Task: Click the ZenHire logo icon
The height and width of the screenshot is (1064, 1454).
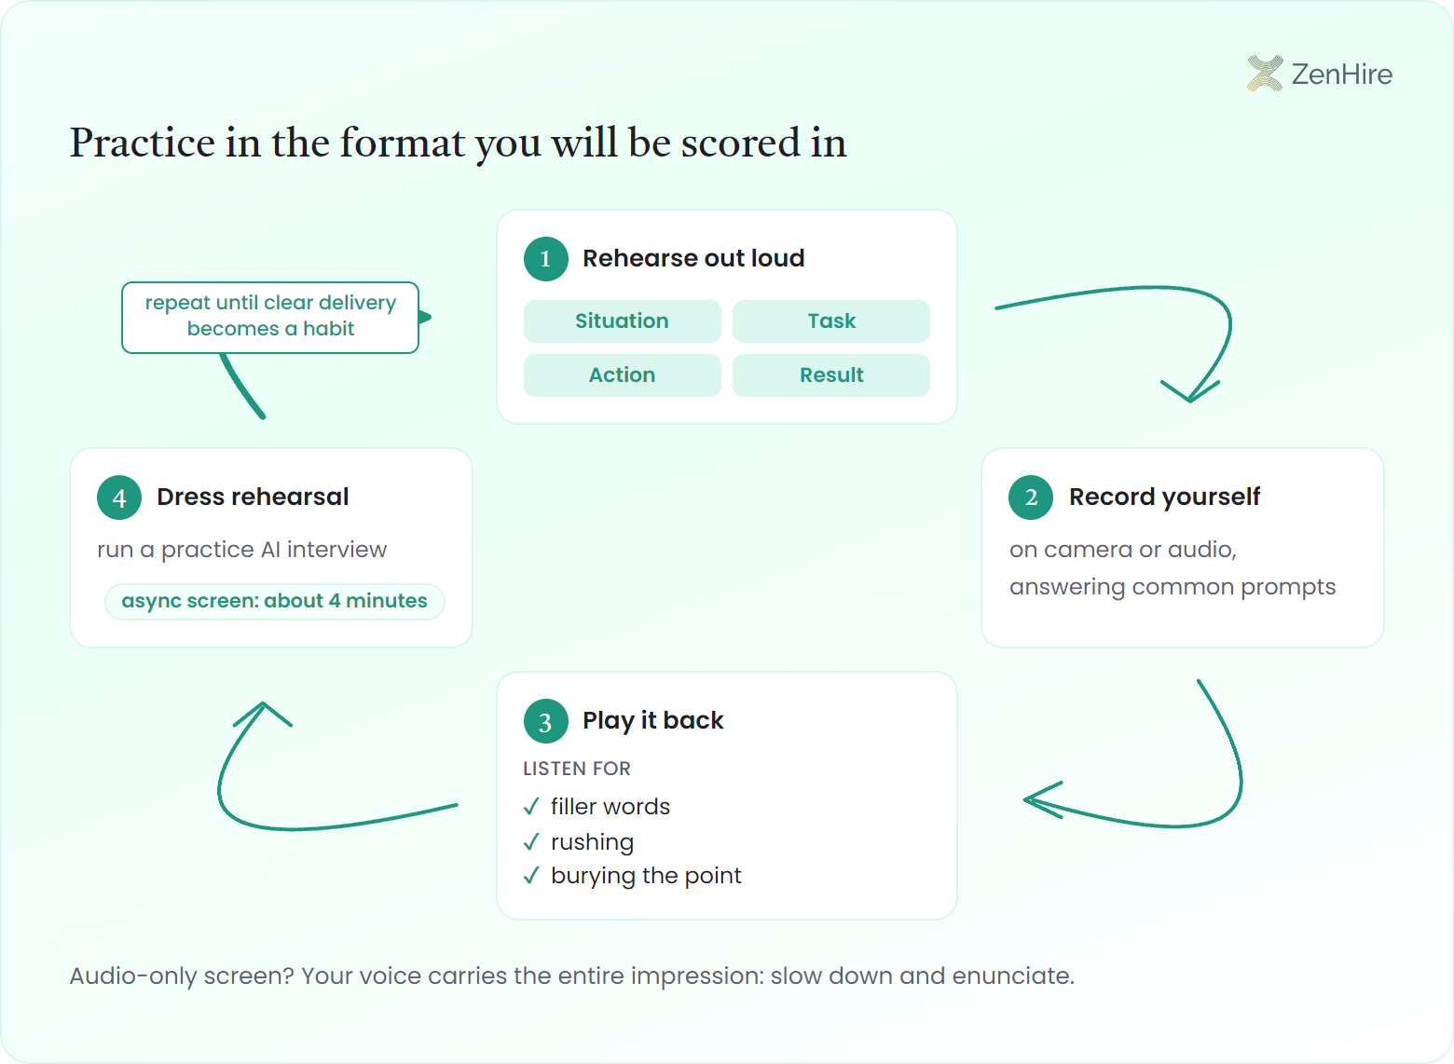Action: point(1265,74)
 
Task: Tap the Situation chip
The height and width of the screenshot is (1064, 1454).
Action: point(622,321)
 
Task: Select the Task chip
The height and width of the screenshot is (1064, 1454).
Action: point(830,321)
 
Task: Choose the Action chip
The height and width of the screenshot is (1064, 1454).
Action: point(622,375)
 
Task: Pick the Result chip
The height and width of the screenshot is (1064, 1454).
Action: point(830,375)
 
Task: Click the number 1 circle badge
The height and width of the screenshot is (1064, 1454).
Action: point(546,259)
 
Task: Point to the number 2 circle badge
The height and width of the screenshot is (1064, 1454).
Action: point(1031,498)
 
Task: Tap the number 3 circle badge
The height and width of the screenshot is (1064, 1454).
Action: point(546,721)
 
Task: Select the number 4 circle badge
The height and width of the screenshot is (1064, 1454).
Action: point(119,498)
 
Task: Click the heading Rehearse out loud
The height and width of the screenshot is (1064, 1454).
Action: point(693,258)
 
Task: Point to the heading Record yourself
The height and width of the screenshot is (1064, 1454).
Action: point(1164,498)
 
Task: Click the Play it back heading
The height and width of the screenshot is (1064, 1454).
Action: point(653,721)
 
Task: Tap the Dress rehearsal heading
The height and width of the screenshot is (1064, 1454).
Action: point(253,497)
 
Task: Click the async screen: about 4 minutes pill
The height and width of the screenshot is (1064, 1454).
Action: point(275,602)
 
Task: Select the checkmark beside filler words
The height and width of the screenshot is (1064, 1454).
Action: point(531,807)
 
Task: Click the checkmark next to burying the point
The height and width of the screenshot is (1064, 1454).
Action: point(531,876)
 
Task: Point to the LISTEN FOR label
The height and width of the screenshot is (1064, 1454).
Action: point(576,769)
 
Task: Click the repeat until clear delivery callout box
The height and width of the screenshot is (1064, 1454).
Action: point(270,318)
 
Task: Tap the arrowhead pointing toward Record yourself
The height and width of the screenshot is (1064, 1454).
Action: point(1190,391)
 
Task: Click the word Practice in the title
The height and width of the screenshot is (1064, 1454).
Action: point(143,143)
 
